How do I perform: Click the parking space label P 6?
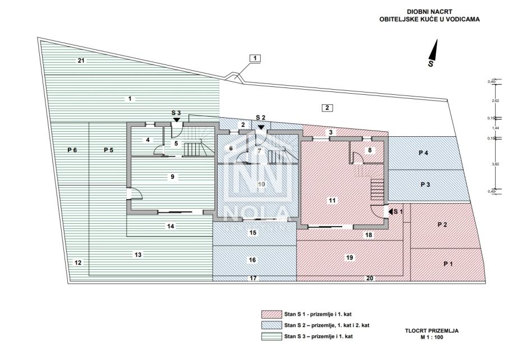tap(72, 150)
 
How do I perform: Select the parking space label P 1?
tap(448, 264)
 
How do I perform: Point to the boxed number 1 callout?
tap(255, 58)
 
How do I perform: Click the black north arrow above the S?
tap(433, 50)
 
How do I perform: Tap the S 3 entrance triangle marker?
tap(176, 119)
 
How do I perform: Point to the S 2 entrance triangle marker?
tap(261, 127)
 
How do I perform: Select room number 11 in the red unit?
tap(332, 200)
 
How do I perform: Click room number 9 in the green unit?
tap(173, 177)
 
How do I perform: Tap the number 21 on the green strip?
tap(81, 60)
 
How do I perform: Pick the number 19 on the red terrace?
tap(349, 257)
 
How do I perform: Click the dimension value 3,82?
tap(495, 164)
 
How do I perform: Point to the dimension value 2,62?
tap(495, 101)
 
